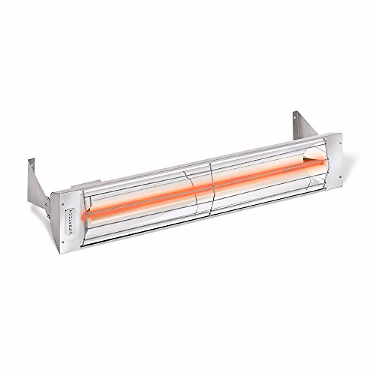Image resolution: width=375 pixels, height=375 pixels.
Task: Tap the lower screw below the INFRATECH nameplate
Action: [63, 242]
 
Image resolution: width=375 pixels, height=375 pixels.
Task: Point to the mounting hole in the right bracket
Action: [295, 117]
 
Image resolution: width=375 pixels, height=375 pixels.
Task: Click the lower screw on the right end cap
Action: [339, 179]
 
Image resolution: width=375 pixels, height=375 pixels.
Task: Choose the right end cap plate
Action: [334, 161]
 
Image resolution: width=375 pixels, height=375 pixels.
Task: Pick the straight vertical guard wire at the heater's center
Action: [211, 186]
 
